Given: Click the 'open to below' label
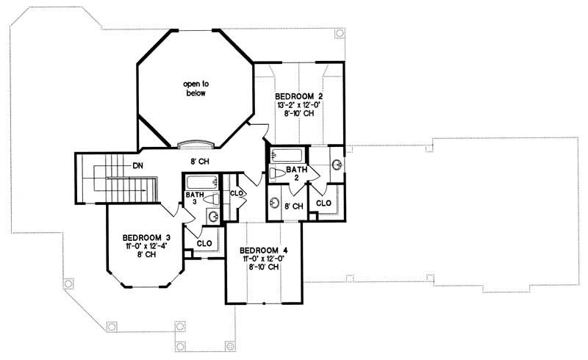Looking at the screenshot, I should click(195, 89).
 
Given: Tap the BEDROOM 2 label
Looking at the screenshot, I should click(299, 96).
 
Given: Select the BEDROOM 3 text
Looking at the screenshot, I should click(146, 237).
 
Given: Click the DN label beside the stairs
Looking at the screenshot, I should click(137, 166).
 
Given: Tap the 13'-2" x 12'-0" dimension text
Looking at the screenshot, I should click(299, 106).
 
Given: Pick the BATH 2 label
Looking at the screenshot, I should click(296, 173).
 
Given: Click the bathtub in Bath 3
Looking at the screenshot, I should click(199, 182).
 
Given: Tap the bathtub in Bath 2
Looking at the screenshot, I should click(287, 155).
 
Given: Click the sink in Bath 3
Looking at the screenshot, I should click(212, 216).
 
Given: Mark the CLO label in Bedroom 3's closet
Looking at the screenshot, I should click(205, 242).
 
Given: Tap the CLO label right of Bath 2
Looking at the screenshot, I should click(323, 201).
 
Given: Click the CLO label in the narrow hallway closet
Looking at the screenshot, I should click(236, 193).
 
